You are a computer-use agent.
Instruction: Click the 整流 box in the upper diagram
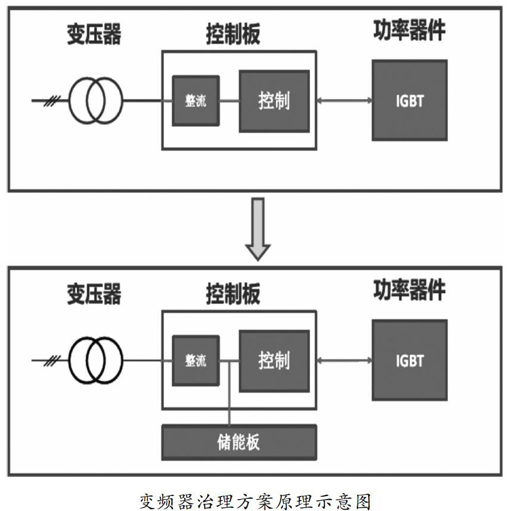pos(196,101)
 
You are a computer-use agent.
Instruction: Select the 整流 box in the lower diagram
pos(196,361)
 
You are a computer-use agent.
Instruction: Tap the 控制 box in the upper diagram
pos(274,101)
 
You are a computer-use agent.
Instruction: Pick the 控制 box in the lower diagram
pos(274,361)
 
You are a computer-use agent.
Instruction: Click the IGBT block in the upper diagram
pos(409,100)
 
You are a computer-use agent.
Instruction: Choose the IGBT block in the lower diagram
pos(409,361)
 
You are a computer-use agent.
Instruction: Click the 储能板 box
pos(239,442)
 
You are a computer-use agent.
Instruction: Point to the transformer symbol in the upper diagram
pos(95,101)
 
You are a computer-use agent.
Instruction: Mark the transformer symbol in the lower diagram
pos(95,361)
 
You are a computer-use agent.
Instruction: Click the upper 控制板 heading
pos(233,35)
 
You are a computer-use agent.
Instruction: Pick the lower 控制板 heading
pos(233,295)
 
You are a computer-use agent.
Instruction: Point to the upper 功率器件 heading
pos(409,30)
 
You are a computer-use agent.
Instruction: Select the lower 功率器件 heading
pos(409,290)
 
